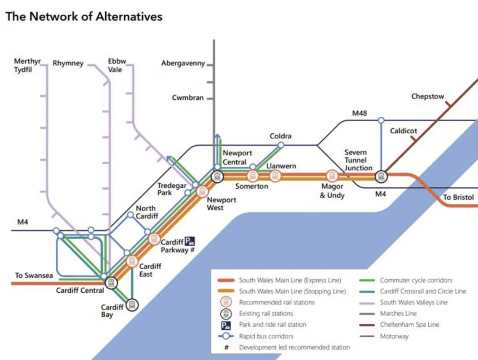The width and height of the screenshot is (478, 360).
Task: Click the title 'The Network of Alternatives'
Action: point(84,17)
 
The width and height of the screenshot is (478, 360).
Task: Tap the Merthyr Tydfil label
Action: point(27,65)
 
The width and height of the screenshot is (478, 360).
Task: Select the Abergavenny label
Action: point(183,64)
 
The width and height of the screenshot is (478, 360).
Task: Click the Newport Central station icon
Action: point(217,176)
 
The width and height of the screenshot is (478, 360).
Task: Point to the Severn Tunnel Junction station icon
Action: point(381,176)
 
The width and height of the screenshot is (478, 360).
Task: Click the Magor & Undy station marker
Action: point(332,176)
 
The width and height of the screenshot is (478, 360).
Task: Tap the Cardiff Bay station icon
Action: point(132,304)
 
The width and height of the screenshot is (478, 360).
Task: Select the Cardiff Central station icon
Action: point(111,283)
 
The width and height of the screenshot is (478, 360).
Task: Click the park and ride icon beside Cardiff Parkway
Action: point(190,241)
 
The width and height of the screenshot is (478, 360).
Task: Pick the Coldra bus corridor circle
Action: point(280,145)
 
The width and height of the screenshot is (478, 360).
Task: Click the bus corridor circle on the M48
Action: point(381,120)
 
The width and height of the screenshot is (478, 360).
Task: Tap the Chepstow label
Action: point(427,96)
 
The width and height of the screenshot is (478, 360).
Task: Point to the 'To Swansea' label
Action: point(34,276)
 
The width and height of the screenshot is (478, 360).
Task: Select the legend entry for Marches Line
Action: point(398,313)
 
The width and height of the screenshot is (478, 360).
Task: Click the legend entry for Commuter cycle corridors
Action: point(416,280)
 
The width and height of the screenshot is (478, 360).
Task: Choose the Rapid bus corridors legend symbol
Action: point(226,336)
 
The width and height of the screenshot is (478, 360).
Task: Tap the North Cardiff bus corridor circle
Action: point(131,215)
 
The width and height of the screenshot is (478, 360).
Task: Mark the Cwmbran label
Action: point(187,98)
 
